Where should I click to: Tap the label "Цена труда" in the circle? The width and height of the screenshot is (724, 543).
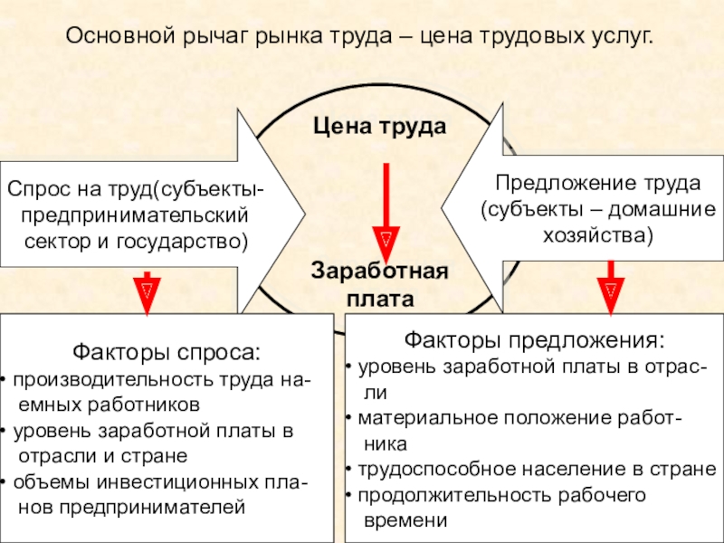point(380,127)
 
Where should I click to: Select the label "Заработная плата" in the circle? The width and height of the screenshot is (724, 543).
point(380,283)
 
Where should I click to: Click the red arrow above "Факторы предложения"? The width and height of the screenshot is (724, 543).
point(611,287)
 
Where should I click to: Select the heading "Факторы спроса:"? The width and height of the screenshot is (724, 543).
point(166,351)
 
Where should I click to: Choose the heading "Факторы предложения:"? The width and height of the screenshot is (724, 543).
point(533,341)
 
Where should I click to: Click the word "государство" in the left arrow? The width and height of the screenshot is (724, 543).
point(195,243)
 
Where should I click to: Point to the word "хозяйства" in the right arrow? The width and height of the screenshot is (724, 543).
point(597,235)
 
